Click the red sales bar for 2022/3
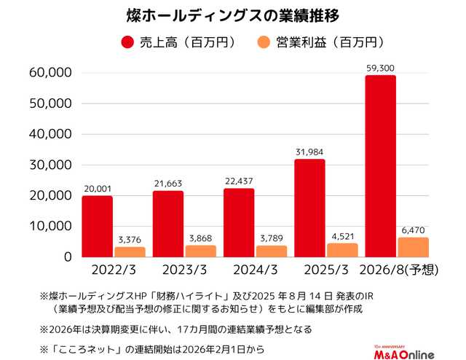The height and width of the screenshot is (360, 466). click(98, 226)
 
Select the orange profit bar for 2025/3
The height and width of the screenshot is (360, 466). click(341, 250)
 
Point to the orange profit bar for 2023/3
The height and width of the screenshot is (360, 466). click(200, 251)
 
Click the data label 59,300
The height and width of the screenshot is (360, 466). click(380, 69)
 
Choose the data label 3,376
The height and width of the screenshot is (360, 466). click(129, 239)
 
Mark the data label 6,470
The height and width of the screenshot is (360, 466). click(412, 230)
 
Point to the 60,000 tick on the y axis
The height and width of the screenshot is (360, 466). click(50, 73)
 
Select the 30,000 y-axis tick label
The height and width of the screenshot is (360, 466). click(50, 165)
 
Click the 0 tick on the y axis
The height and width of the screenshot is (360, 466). click(66, 257)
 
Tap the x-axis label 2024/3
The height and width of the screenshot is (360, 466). click(254, 270)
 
